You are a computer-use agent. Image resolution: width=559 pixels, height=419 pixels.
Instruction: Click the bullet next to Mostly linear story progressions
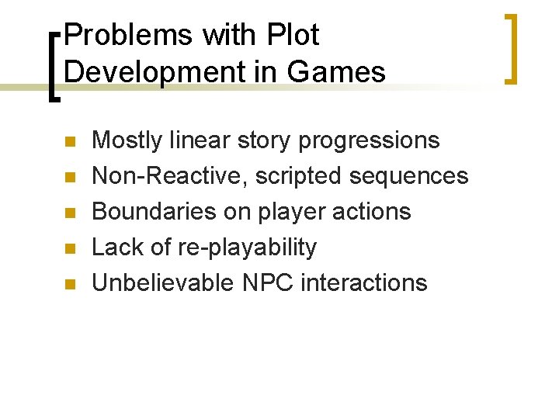coord(68,142)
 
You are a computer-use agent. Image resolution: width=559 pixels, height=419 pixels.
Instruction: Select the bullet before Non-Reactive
coord(68,178)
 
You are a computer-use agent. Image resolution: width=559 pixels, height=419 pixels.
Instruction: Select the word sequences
coord(409,176)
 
